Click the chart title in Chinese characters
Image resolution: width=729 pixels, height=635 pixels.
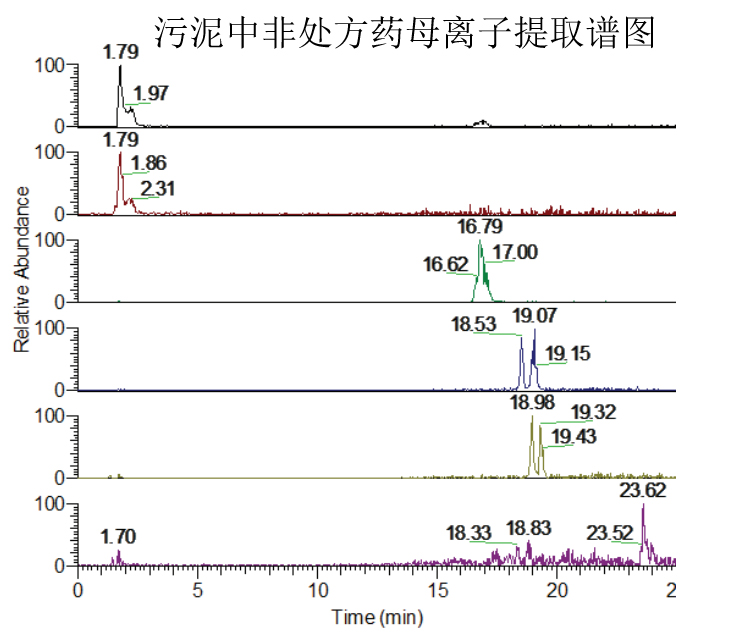pyautogui.click(x=404, y=32)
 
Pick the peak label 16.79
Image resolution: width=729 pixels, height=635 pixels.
pyautogui.click(x=480, y=227)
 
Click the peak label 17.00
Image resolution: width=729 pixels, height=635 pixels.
pyautogui.click(x=516, y=252)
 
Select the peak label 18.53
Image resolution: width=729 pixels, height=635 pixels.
pyautogui.click(x=475, y=326)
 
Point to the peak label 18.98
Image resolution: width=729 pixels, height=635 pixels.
pyautogui.click(x=531, y=402)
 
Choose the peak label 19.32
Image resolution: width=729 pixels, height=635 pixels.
pyautogui.click(x=593, y=412)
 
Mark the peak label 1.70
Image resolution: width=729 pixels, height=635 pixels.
pyautogui.click(x=117, y=538)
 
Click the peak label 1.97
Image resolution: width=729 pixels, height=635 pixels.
pyautogui.click(x=151, y=94)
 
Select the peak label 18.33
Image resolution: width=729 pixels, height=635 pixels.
pyautogui.click(x=468, y=534)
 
